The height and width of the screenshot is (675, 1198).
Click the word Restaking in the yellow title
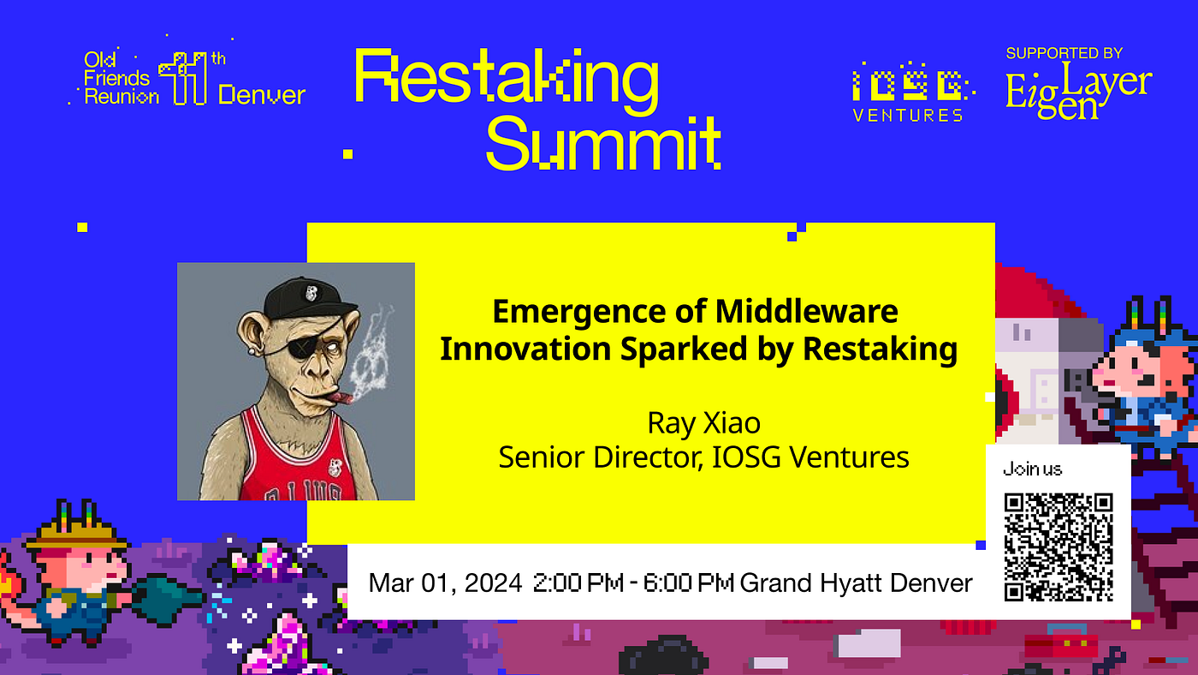(x=506, y=78)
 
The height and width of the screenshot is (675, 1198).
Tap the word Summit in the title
(x=603, y=143)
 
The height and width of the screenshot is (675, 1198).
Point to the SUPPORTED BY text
(x=1064, y=53)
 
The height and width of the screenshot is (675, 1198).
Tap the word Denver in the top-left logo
(x=262, y=94)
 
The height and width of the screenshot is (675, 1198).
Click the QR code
(x=1059, y=547)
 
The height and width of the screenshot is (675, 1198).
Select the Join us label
(x=1032, y=469)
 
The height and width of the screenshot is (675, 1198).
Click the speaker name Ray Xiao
(x=703, y=423)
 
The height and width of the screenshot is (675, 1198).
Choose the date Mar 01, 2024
(x=445, y=584)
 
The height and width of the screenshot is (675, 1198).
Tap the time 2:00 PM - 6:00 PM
(x=633, y=584)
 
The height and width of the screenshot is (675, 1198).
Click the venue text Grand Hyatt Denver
(x=856, y=584)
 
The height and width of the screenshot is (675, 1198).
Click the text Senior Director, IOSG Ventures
(x=703, y=457)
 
